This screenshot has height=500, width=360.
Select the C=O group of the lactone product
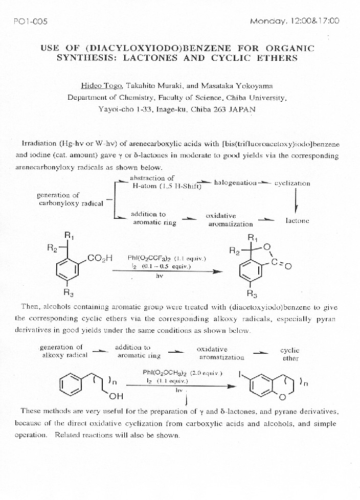[x=281, y=264]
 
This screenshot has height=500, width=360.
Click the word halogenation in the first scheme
[x=235, y=183]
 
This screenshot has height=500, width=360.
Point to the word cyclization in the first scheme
[x=292, y=183]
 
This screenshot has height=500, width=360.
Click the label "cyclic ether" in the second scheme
[x=290, y=354]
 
